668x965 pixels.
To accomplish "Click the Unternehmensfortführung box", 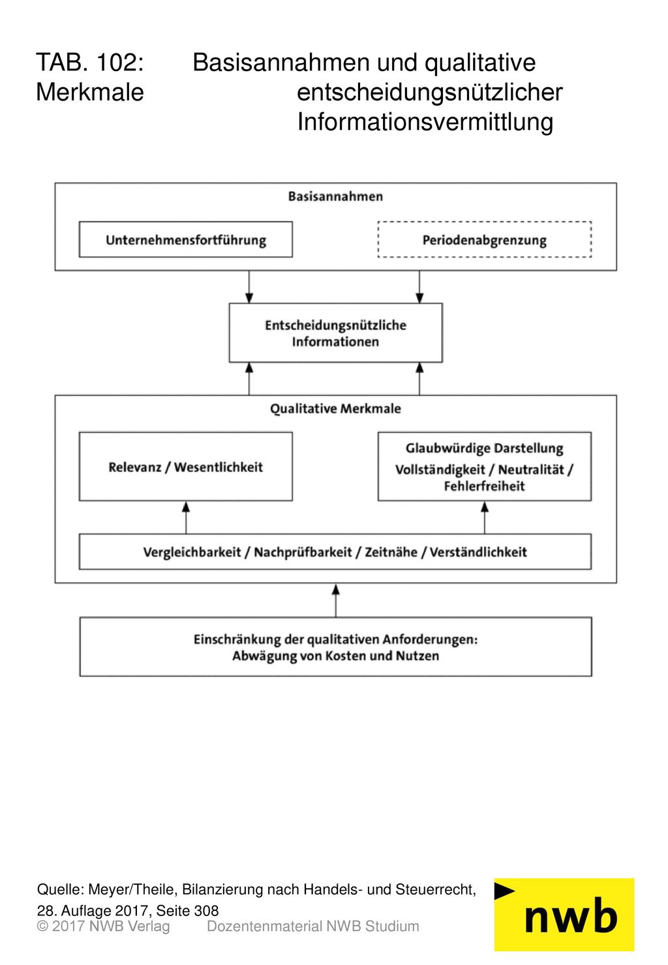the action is click(x=186, y=239).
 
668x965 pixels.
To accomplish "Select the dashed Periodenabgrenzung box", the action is click(x=484, y=239).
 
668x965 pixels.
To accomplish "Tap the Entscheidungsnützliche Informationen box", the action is click(x=335, y=333).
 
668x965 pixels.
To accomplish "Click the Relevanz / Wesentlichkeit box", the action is click(x=186, y=467).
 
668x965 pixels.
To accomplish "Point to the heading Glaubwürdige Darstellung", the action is click(x=485, y=448).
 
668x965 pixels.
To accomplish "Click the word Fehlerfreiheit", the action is click(x=485, y=486).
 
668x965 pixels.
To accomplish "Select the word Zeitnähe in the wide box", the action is click(x=391, y=552).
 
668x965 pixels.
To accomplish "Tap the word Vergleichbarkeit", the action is click(x=192, y=552).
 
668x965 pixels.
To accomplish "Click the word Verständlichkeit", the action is click(x=478, y=552).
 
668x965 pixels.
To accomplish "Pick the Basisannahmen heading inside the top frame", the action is click(x=335, y=196).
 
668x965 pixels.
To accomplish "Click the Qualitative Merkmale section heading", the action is click(x=335, y=408).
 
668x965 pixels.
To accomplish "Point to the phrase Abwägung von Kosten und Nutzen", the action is click(x=335, y=656).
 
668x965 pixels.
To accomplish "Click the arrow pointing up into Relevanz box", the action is click(x=186, y=517).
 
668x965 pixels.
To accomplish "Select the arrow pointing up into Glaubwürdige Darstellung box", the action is click(x=485, y=517).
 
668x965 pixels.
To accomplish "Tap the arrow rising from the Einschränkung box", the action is click(x=336, y=600).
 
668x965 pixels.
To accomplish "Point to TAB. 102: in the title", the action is click(x=89, y=62).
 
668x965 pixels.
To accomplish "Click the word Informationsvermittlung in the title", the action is click(x=425, y=122).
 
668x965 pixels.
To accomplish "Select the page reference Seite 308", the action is click(x=187, y=910).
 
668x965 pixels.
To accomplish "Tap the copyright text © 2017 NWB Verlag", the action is click(x=103, y=926).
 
